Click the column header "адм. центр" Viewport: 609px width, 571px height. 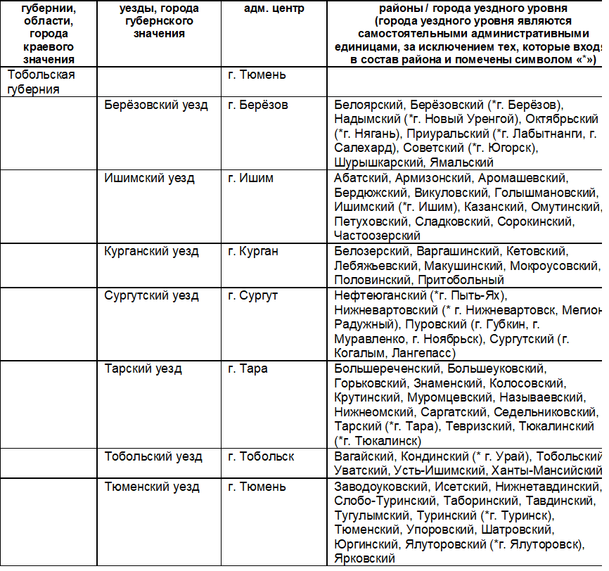255,8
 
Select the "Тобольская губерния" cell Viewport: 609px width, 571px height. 41,82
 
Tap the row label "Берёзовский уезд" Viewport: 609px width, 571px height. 156,105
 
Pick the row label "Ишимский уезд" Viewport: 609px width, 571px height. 150,178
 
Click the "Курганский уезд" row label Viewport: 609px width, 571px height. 152,251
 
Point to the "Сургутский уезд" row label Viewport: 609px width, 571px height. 152,295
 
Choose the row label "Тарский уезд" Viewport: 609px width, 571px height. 143,368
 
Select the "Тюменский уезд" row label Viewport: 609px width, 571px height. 152,486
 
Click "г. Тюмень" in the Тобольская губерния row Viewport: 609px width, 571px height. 257,74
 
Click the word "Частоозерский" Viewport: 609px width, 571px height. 377,236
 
